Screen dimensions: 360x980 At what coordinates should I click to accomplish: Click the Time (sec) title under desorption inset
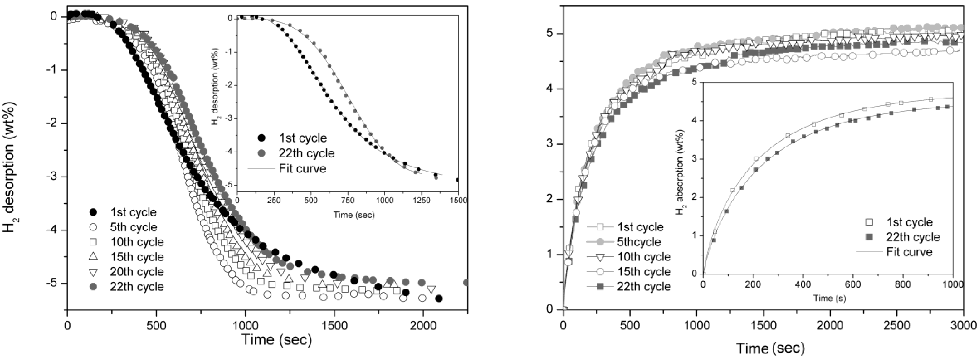[x=354, y=215]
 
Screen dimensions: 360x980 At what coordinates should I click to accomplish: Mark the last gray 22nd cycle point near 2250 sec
[x=466, y=282]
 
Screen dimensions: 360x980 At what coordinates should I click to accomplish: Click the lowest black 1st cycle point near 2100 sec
[x=439, y=299]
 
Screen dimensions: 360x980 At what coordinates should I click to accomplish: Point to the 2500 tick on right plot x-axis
[x=897, y=326]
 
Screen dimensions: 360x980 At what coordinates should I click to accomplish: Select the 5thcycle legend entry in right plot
[x=639, y=242]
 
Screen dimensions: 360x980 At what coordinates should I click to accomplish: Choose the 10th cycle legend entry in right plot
[x=643, y=257]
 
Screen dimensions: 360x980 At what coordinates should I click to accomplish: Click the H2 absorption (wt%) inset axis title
[x=681, y=177]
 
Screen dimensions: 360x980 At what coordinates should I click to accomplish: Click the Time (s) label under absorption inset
[x=829, y=298]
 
